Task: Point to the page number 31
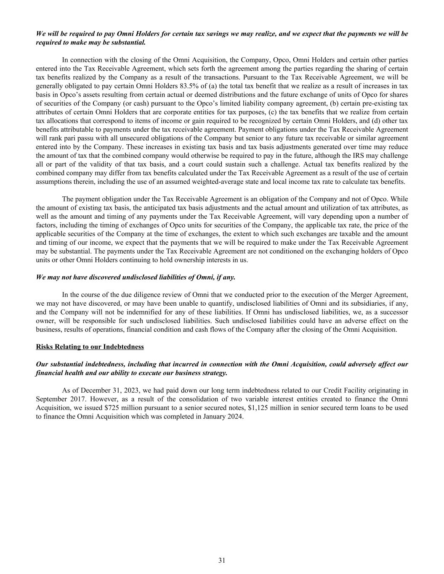pyautogui.click(x=222, y=560)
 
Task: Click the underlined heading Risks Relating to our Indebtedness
pyautogui.click(x=90, y=347)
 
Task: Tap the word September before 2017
pyautogui.click(x=51, y=399)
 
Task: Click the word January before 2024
pyautogui.click(x=213, y=416)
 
